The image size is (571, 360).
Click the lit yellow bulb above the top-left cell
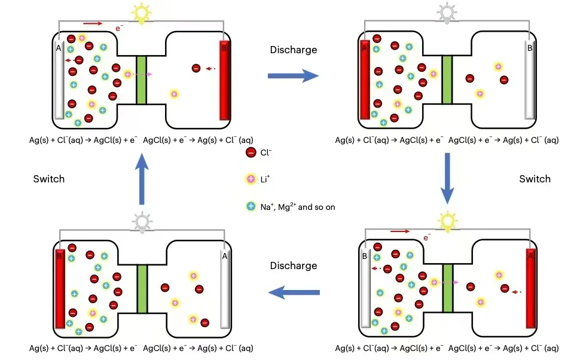(x=142, y=13)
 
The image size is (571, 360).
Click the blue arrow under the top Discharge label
(x=292, y=75)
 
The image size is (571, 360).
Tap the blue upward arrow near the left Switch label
(x=142, y=179)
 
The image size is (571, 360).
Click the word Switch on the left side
(x=49, y=179)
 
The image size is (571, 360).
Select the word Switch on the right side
(x=535, y=179)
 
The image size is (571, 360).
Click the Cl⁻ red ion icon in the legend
(x=251, y=153)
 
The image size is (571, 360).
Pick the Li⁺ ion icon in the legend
(x=251, y=179)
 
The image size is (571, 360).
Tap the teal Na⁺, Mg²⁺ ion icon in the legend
(x=251, y=206)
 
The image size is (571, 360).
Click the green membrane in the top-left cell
(x=142, y=80)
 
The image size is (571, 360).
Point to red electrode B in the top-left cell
(x=224, y=80)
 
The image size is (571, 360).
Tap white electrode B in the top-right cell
(x=530, y=80)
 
